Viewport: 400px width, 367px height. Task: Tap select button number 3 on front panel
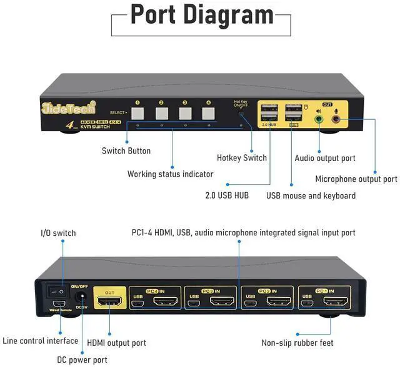click(185, 114)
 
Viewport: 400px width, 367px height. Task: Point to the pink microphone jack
click(336, 117)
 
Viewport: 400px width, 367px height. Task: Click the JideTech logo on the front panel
click(61, 106)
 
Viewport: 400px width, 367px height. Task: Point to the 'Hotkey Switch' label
click(242, 157)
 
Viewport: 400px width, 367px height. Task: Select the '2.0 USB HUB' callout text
click(227, 196)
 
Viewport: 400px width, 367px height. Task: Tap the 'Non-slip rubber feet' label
click(297, 343)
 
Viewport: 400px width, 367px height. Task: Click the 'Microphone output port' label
click(356, 179)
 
